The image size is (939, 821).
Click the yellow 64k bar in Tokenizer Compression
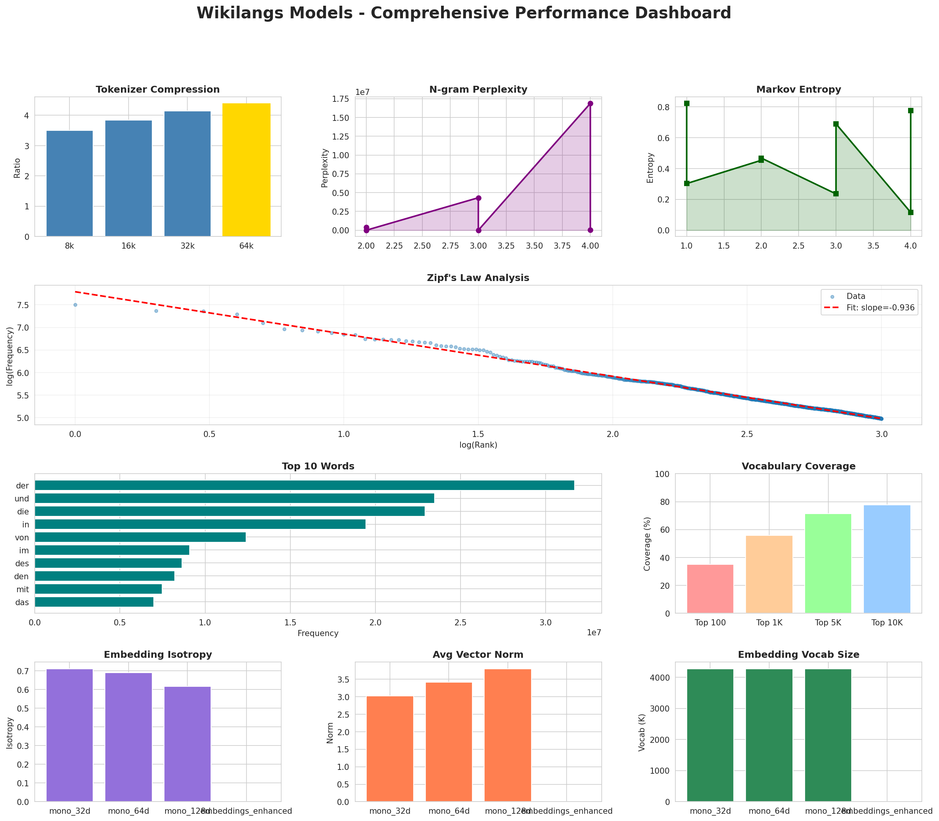pyautogui.click(x=246, y=170)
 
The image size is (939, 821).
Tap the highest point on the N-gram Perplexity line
pyautogui.click(x=590, y=104)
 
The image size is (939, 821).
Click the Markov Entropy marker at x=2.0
pyautogui.click(x=761, y=159)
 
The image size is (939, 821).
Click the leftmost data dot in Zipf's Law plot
pyautogui.click(x=75, y=305)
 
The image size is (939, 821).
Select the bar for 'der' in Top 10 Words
pyautogui.click(x=304, y=485)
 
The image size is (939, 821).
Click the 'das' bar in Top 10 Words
pyautogui.click(x=94, y=602)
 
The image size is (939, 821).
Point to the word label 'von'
pyautogui.click(x=22, y=537)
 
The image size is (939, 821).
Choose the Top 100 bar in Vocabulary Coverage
pyautogui.click(x=710, y=589)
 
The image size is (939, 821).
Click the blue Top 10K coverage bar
pyautogui.click(x=887, y=559)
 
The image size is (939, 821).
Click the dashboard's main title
pyautogui.click(x=464, y=13)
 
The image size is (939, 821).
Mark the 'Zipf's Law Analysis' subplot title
pyautogui.click(x=478, y=278)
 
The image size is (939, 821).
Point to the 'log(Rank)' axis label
pyautogui.click(x=478, y=445)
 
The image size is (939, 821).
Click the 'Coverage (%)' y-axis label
pyautogui.click(x=647, y=543)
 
